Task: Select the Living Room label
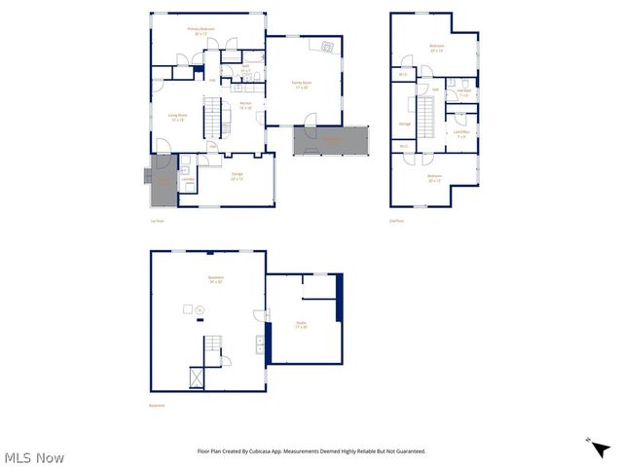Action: click(177, 117)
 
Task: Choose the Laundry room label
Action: click(188, 179)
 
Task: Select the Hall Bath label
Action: click(463, 93)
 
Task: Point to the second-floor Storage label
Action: click(404, 124)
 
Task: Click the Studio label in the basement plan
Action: click(302, 325)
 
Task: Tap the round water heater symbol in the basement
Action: click(200, 309)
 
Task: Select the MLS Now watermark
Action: click(34, 457)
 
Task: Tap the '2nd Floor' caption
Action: click(396, 222)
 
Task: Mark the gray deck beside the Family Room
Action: click(332, 140)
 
